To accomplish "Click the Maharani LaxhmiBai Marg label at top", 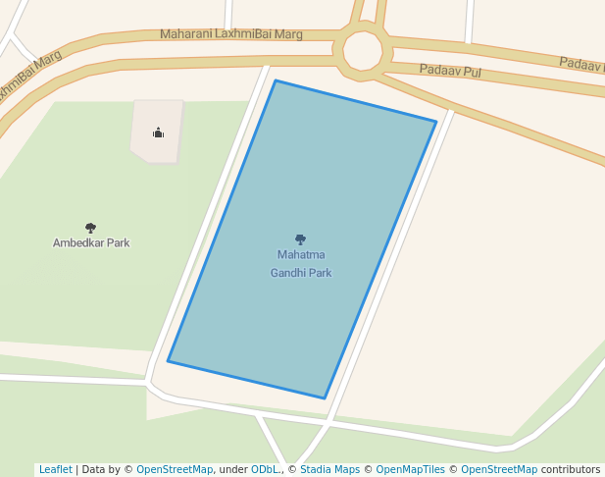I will (231, 34).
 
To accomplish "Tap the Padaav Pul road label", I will (450, 71).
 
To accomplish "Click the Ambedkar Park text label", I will (91, 242).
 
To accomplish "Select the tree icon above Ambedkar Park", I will (91, 228).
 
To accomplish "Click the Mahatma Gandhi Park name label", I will (301, 264).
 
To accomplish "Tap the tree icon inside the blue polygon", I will (300, 239).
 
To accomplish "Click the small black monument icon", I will (158, 132).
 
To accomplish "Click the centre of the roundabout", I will (362, 51).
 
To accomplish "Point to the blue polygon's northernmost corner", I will (276, 80).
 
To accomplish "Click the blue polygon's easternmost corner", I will (435, 122).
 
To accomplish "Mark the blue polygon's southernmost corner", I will (325, 398).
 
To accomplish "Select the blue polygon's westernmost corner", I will (169, 361).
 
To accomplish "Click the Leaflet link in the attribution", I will (55, 469).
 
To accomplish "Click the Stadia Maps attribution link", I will (329, 469).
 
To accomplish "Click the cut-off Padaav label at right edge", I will (581, 64).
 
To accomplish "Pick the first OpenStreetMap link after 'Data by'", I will (175, 469).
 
